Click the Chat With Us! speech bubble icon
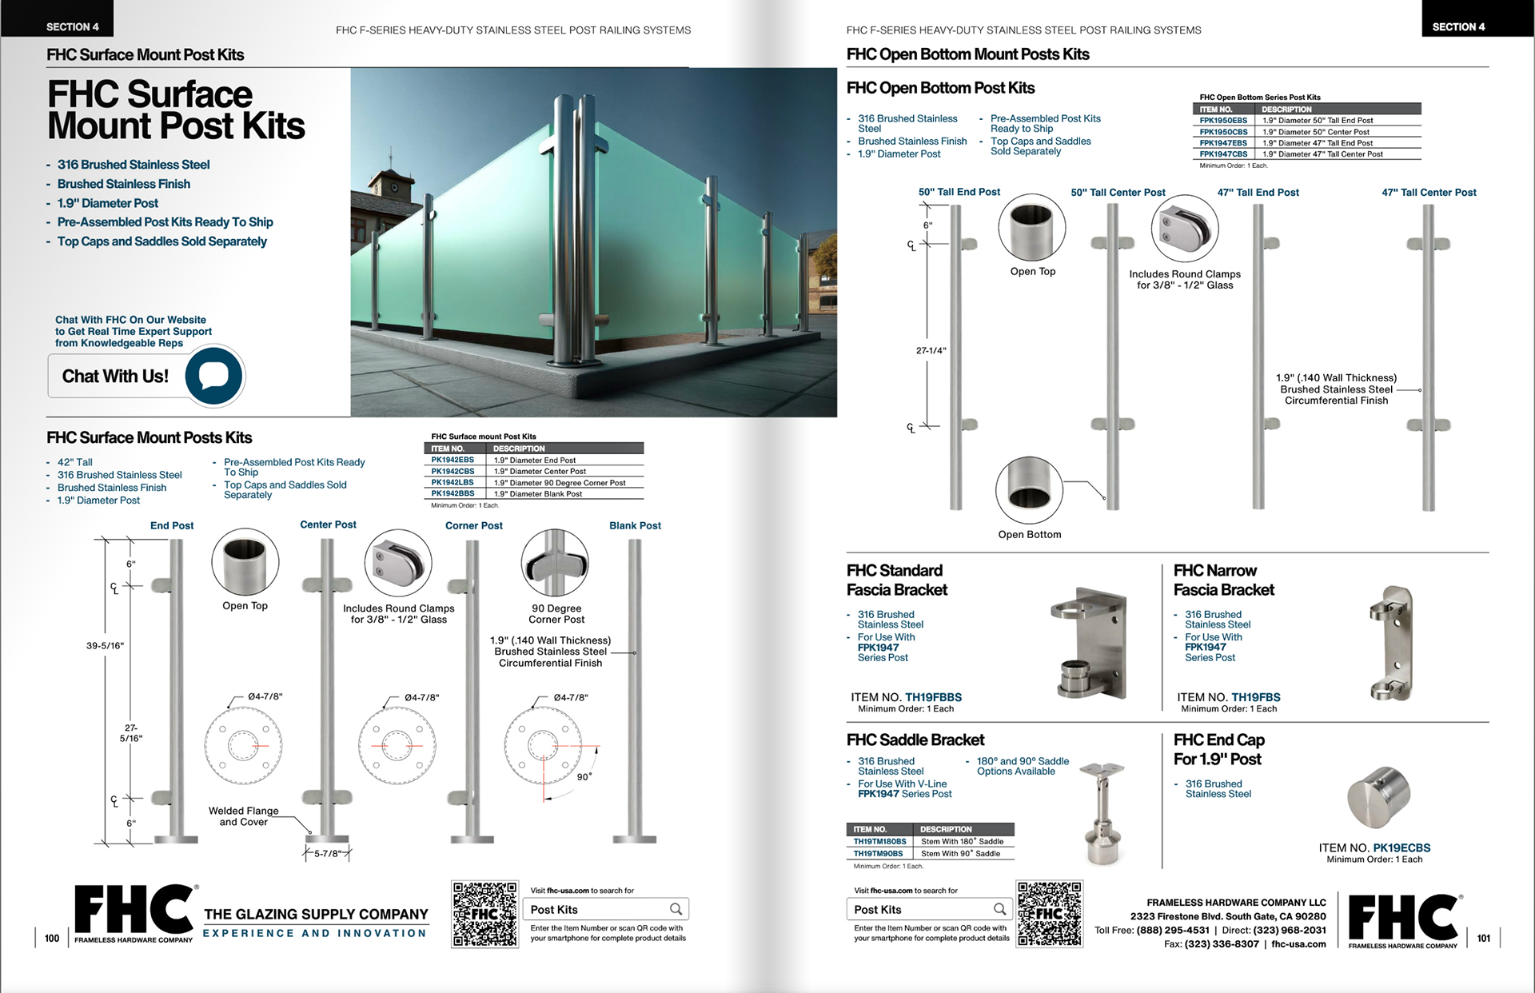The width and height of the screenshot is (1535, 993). point(213,375)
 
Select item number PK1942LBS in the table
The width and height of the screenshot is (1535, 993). point(453,483)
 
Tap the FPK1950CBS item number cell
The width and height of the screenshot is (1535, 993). point(1223,132)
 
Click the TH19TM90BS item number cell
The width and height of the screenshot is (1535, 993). point(878,854)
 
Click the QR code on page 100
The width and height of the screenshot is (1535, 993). point(484,914)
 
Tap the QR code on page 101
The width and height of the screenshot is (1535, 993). point(1049,914)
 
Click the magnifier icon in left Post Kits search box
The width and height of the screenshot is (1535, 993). point(676,909)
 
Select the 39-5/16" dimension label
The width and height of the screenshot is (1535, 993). point(106,645)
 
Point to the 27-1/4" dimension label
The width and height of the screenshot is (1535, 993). point(931,350)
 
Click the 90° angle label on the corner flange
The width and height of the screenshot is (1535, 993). point(584,776)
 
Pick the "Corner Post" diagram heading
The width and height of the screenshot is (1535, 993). point(474,525)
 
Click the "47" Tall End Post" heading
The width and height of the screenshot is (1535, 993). point(1258,193)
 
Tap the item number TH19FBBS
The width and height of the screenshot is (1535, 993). point(933,697)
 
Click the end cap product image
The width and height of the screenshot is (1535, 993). point(1378,796)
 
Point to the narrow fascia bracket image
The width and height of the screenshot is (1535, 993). point(1392,643)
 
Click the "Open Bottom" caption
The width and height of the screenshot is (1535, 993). point(1030,534)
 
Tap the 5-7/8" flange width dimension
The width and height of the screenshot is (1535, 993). point(328,854)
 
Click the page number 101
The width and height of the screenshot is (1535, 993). point(1484,938)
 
